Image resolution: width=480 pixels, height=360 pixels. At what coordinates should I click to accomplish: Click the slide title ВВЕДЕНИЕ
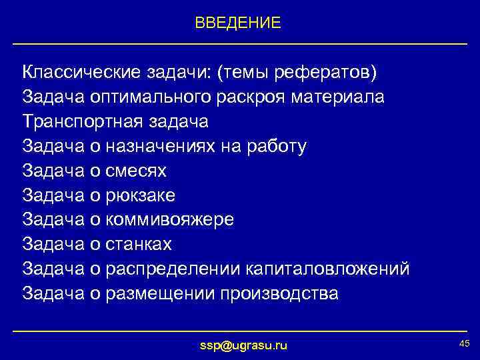coord(238,23)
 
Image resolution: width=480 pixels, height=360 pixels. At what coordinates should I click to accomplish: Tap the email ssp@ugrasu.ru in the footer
coord(244,345)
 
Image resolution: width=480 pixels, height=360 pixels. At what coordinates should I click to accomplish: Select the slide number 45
coord(464,343)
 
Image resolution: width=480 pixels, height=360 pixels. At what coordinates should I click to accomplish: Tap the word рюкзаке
coord(141,195)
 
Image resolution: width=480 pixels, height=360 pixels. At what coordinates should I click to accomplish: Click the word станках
coord(139,245)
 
